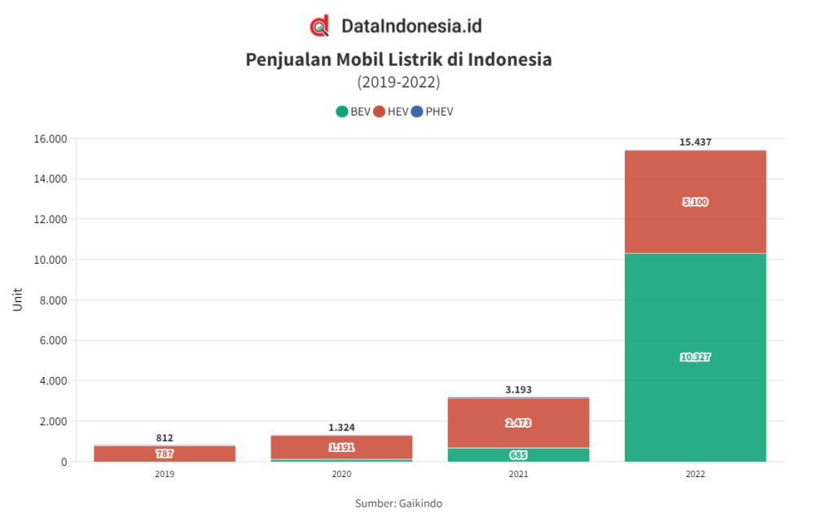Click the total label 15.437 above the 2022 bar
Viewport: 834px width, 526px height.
pyautogui.click(x=695, y=142)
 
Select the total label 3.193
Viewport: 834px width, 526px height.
pyautogui.click(x=518, y=389)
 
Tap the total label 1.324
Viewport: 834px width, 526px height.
pyautogui.click(x=341, y=427)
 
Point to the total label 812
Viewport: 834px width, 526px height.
pyautogui.click(x=165, y=438)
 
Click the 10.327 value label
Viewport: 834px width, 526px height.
pyautogui.click(x=695, y=357)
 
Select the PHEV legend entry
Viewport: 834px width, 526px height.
pyautogui.click(x=432, y=112)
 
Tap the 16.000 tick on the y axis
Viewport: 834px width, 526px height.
pyautogui.click(x=50, y=139)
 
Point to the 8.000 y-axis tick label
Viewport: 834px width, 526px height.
pyautogui.click(x=53, y=300)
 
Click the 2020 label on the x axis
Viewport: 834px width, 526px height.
pyautogui.click(x=341, y=474)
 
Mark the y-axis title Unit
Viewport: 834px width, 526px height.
pyautogui.click(x=18, y=300)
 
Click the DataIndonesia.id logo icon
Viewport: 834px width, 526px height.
pyautogui.click(x=320, y=26)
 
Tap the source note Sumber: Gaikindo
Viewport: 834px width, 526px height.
pyautogui.click(x=398, y=503)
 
